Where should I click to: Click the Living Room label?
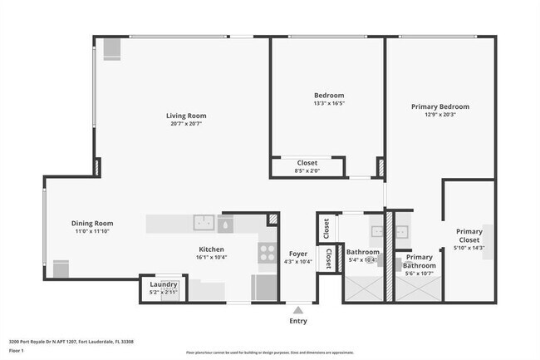pyautogui.click(x=186, y=116)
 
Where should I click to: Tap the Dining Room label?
pyautogui.click(x=92, y=223)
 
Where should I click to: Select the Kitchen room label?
pyautogui.click(x=211, y=249)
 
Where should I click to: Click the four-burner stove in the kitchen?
pyautogui.click(x=267, y=252)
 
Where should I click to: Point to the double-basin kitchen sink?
pyautogui.click(x=205, y=223)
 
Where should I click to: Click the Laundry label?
pyautogui.click(x=163, y=284)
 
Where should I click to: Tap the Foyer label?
pyautogui.click(x=297, y=254)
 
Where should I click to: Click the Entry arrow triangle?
pyautogui.click(x=297, y=308)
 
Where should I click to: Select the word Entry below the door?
pyautogui.click(x=297, y=320)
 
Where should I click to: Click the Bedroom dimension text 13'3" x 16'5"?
pyautogui.click(x=328, y=104)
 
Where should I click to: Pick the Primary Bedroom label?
pyautogui.click(x=440, y=106)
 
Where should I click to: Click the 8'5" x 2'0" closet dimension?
pyautogui.click(x=307, y=170)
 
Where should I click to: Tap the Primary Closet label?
pyautogui.click(x=469, y=236)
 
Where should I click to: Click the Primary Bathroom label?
pyautogui.click(x=419, y=261)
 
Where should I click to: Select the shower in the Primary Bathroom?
pyautogui.click(x=419, y=288)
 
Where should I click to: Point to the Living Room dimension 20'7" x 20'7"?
pyautogui.click(x=186, y=124)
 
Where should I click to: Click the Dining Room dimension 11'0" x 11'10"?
pyautogui.click(x=92, y=231)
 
